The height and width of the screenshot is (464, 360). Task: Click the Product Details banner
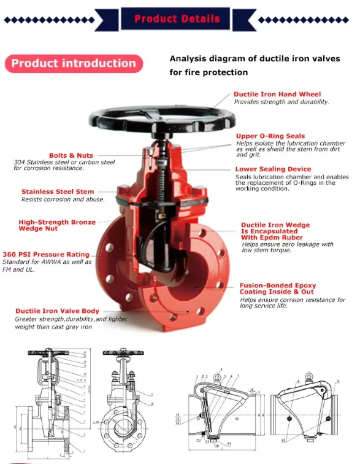[177, 18]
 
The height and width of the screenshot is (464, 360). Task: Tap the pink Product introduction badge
[74, 63]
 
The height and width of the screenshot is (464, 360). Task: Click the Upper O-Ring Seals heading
[270, 136]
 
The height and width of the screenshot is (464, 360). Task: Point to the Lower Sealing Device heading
[273, 169]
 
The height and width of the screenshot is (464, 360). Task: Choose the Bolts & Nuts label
[71, 155]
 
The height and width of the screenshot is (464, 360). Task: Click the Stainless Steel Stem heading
[58, 191]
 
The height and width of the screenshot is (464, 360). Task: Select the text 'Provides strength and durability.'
[281, 102]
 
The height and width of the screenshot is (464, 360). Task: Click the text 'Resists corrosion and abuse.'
[63, 199]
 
